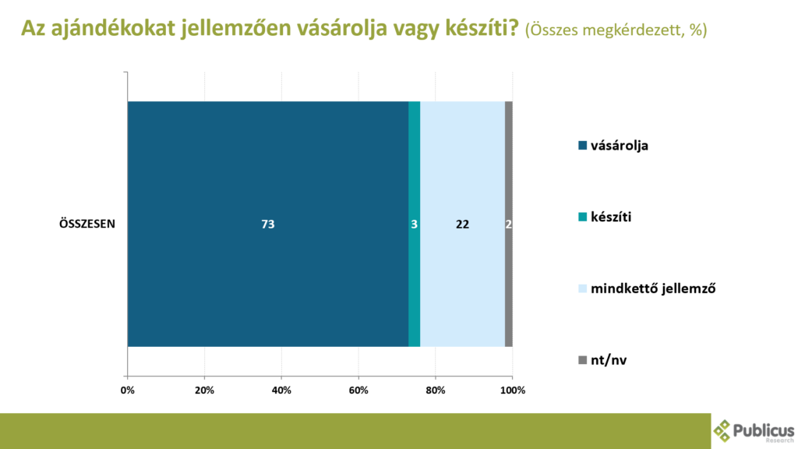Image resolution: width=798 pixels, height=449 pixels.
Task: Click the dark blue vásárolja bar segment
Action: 268,224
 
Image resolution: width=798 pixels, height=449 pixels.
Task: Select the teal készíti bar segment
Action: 415,224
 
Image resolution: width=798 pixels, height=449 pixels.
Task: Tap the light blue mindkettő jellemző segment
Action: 463,224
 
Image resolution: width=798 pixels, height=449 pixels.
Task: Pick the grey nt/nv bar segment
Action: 508,224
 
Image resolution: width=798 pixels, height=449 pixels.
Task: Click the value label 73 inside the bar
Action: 268,224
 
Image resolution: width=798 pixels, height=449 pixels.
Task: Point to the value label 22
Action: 462,224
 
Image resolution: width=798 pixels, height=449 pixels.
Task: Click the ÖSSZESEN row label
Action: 87,224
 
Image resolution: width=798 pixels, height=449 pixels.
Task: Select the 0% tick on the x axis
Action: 127,391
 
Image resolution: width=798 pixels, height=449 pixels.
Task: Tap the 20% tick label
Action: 205,391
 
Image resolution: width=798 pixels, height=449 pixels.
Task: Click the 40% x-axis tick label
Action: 281,391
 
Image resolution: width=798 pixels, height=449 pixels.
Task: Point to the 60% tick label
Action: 358,391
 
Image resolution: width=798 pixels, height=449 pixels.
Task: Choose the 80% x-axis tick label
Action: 435,391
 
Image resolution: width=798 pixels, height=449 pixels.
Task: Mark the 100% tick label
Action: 513,391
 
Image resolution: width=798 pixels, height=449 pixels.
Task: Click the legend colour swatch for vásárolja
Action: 583,146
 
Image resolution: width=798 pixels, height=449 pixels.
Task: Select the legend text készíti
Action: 611,217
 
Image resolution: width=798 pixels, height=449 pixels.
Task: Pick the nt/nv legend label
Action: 609,360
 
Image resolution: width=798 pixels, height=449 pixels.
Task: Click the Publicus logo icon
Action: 722,430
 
